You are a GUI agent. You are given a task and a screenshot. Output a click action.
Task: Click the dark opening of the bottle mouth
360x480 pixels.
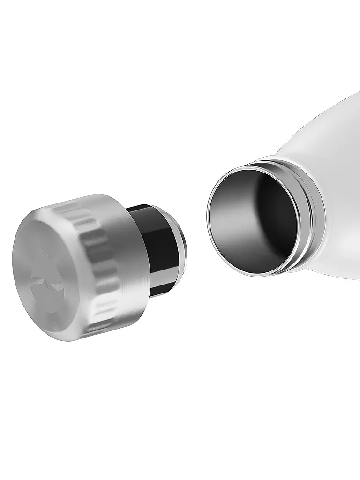click(253, 220)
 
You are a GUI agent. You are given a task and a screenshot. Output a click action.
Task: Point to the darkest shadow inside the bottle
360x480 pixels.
click(281, 220)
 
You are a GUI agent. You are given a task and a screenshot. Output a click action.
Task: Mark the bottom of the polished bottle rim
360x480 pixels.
click(262, 275)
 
